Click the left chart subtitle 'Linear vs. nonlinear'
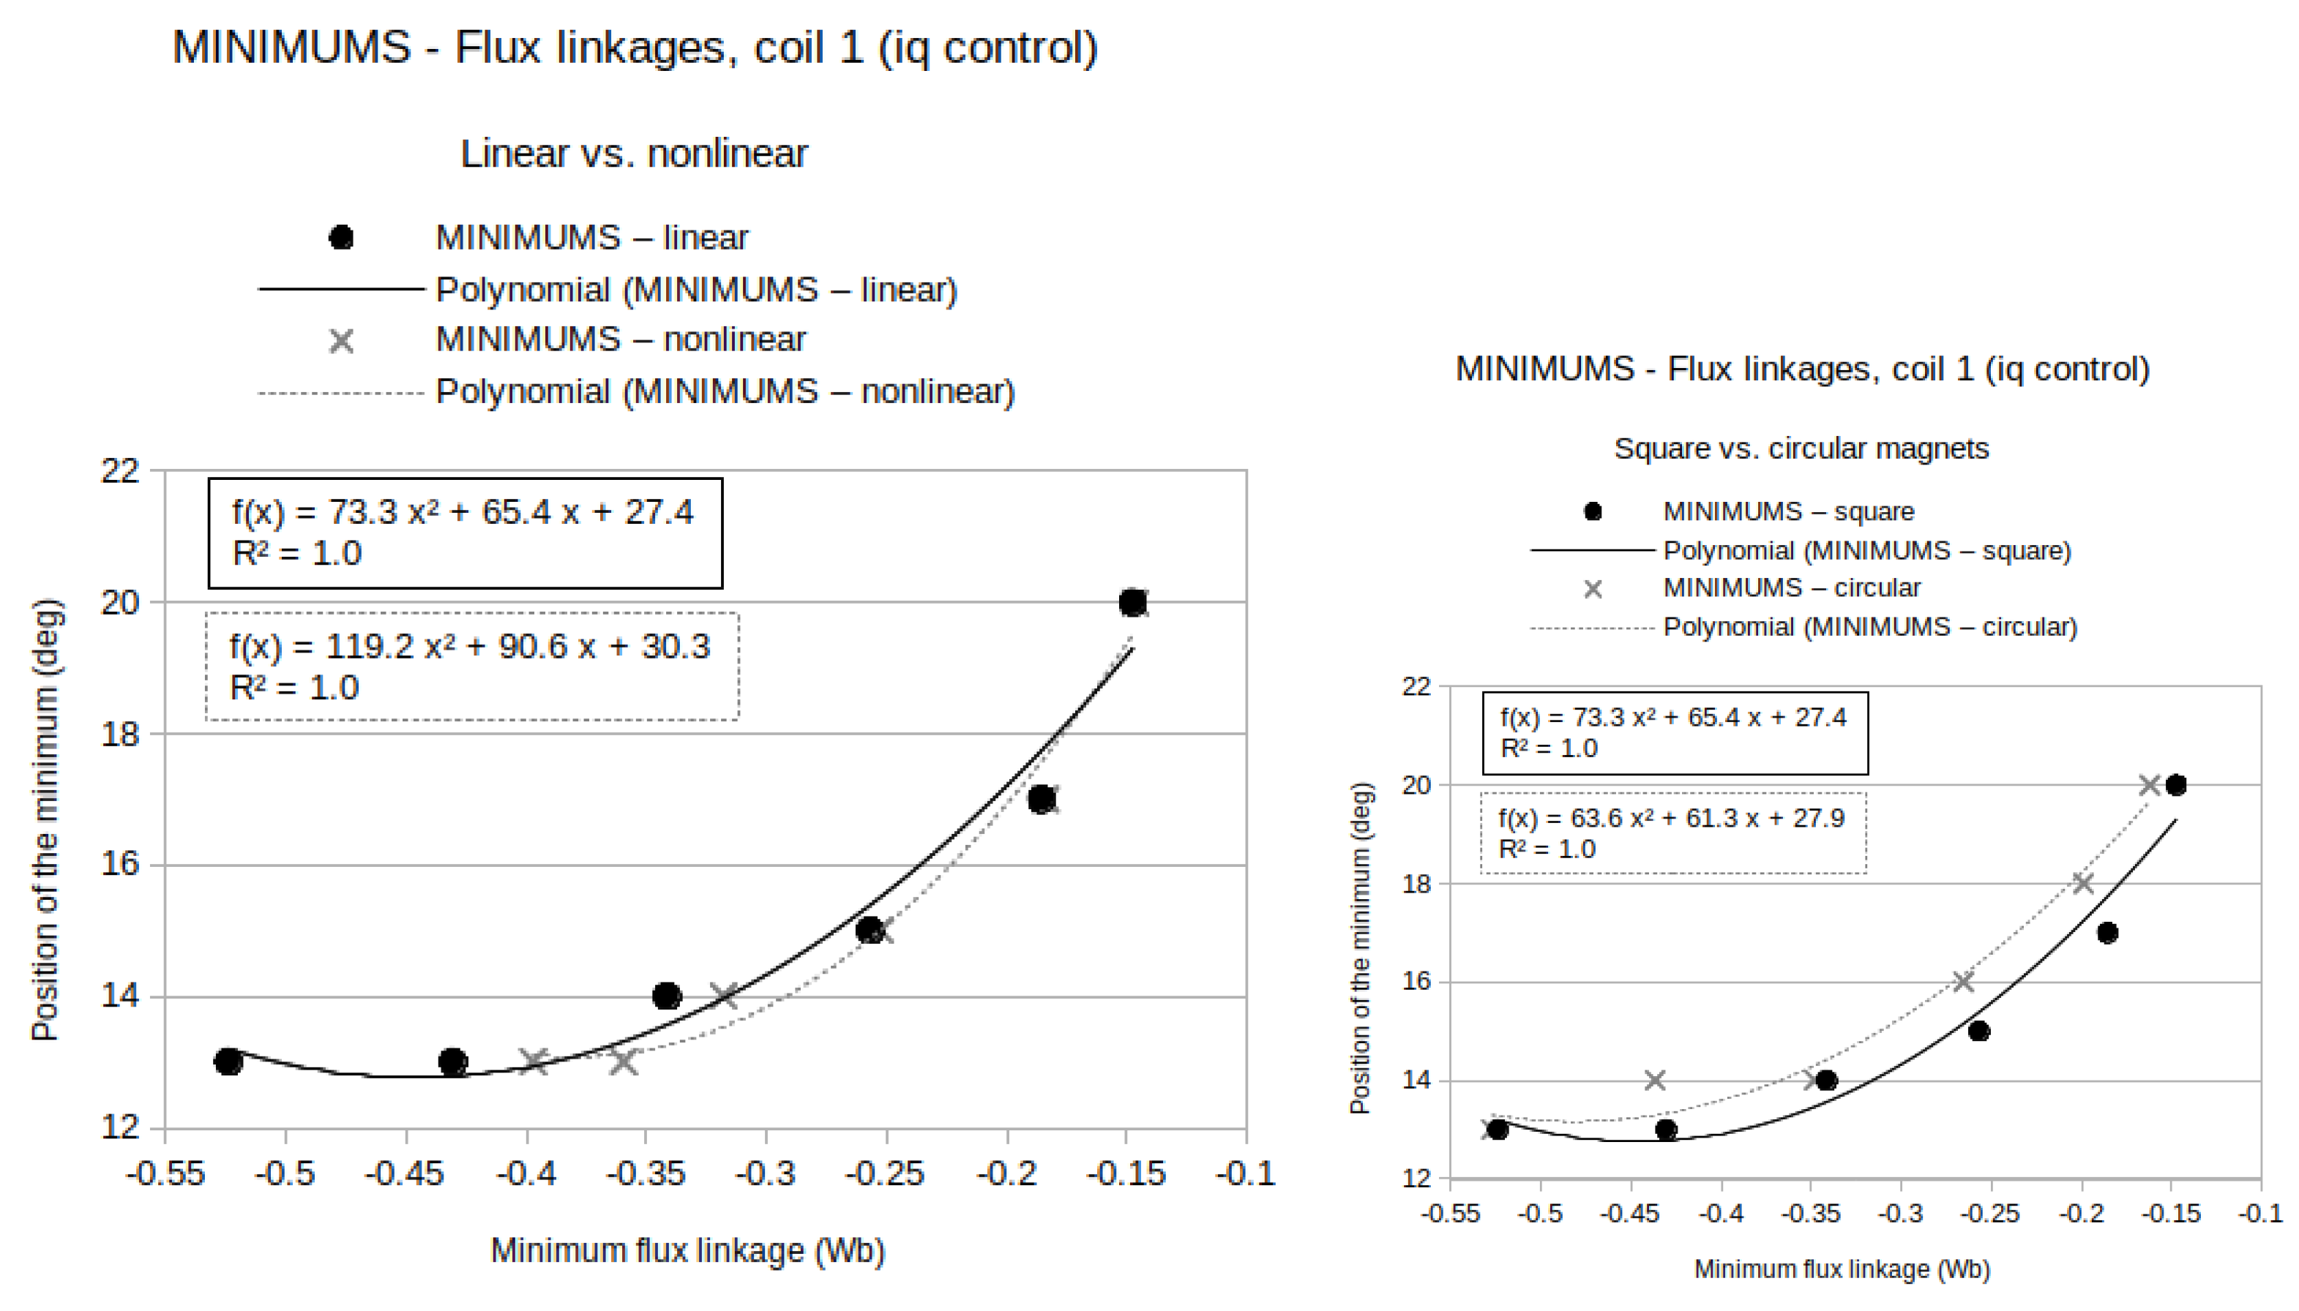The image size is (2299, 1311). (633, 154)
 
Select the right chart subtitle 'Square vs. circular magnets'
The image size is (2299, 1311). (1800, 448)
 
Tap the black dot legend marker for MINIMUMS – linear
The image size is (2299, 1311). (340, 238)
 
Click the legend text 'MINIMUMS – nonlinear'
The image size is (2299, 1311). (620, 339)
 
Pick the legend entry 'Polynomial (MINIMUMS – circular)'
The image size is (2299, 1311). (1869, 627)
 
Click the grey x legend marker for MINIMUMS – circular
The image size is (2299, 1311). (1592, 589)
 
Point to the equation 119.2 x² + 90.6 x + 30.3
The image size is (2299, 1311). (469, 647)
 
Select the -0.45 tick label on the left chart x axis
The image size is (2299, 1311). (405, 1174)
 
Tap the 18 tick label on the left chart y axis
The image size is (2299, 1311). (120, 735)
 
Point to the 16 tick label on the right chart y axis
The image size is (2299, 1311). (1416, 982)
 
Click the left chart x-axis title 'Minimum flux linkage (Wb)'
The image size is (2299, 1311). (687, 1251)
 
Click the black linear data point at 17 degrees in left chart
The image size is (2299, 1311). (1042, 799)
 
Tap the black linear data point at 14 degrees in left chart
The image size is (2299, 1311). (667, 996)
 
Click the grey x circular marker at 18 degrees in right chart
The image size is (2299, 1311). (2082, 883)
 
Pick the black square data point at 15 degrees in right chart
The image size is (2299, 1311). (1978, 1031)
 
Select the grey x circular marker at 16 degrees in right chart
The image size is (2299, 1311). (1962, 982)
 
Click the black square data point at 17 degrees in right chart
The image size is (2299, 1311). (2107, 933)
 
